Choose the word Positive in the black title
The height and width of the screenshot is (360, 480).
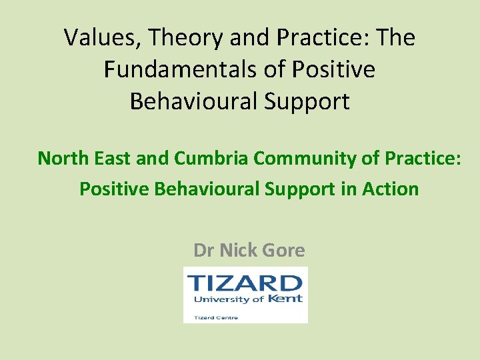(x=335, y=69)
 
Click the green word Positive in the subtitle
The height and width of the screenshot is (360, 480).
(x=115, y=189)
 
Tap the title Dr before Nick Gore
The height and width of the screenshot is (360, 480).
(x=204, y=250)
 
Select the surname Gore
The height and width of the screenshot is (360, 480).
(x=285, y=250)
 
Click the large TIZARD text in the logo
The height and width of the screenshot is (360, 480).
(x=245, y=283)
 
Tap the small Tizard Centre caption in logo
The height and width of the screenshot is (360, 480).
(x=216, y=317)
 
